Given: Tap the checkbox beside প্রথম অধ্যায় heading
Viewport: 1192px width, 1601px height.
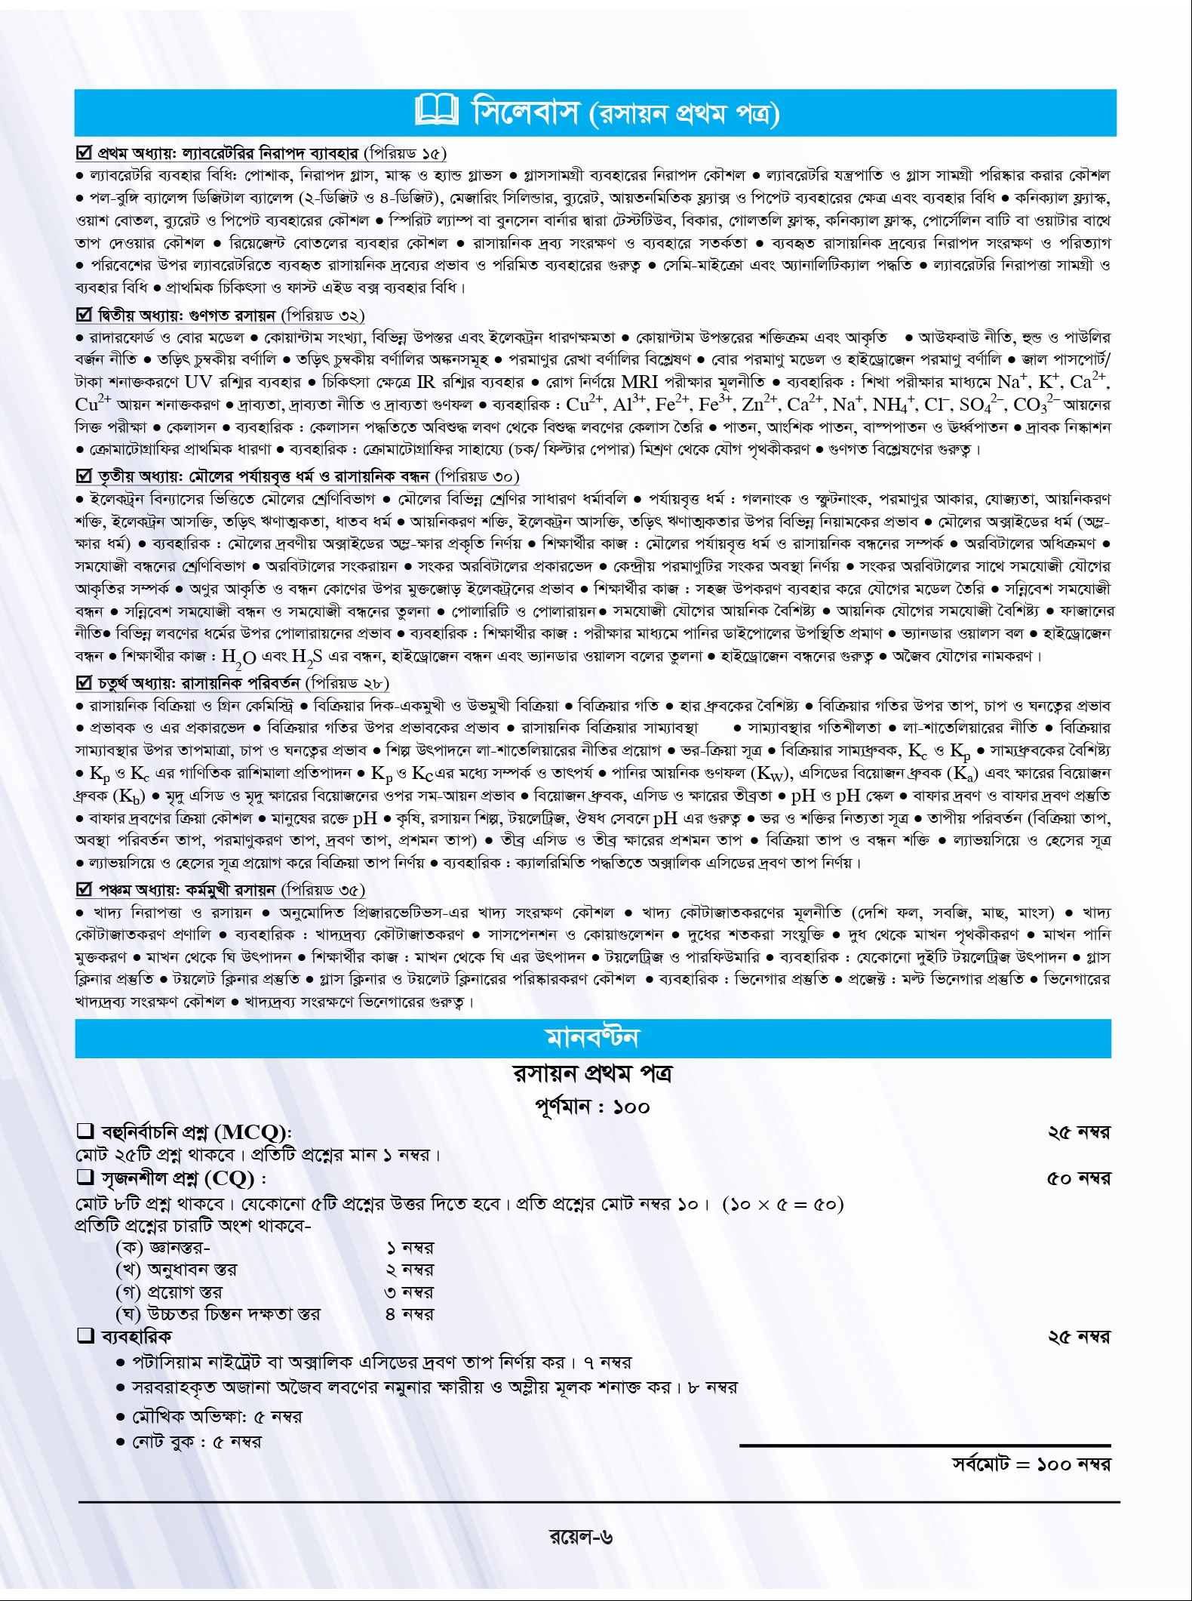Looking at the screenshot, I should (84, 153).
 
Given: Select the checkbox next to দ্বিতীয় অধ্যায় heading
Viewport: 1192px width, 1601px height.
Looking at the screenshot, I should (84, 315).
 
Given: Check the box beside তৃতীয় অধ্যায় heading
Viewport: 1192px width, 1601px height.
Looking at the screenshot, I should (84, 476).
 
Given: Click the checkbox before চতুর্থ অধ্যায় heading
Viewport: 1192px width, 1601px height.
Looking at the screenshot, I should (84, 683).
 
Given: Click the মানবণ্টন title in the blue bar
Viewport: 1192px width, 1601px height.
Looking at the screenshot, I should (592, 1038).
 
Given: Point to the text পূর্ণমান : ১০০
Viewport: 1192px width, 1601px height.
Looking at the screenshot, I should (592, 1107).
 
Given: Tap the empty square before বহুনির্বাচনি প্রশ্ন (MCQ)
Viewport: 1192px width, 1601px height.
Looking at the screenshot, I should (84, 1131).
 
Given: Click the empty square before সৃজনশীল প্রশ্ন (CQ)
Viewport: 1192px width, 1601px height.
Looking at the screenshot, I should (84, 1178).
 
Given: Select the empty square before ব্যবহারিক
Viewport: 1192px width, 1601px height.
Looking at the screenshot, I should (84, 1336).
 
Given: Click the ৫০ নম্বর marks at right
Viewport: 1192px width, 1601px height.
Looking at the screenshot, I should (1078, 1179).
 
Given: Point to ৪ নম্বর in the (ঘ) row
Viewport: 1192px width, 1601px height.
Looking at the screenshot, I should (409, 1314).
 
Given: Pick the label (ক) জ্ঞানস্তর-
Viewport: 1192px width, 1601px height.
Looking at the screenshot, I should (162, 1248).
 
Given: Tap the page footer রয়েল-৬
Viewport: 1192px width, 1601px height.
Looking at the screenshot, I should (581, 1537).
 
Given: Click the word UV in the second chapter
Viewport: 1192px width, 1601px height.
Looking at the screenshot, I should (198, 382).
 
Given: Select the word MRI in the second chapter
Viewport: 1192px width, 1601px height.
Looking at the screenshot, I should (640, 382).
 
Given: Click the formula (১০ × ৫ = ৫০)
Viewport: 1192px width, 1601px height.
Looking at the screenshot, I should (782, 1204).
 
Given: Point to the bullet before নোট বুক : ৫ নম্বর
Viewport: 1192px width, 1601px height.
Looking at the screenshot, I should (121, 1442).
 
